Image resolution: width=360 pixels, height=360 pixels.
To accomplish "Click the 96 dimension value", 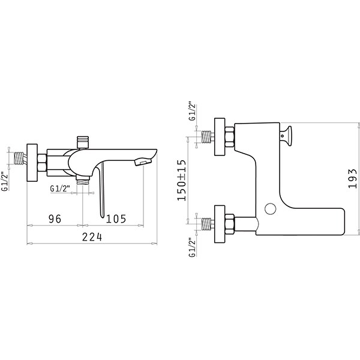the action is pyautogui.click(x=55, y=218).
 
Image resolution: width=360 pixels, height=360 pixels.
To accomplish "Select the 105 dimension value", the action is pyautogui.click(x=116, y=218).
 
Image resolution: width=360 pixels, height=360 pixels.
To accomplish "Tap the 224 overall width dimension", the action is pyautogui.click(x=92, y=237).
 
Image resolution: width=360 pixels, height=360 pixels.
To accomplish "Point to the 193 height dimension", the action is pyautogui.click(x=352, y=178).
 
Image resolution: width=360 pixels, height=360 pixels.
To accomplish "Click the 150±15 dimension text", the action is pyautogui.click(x=181, y=180).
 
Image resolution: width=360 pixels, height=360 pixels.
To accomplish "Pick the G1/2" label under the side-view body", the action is pyautogui.click(x=60, y=188).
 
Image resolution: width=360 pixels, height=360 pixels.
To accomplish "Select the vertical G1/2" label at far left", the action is pyautogui.click(x=5, y=181).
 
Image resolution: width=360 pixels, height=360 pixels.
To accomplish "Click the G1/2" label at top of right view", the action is pyautogui.click(x=192, y=111).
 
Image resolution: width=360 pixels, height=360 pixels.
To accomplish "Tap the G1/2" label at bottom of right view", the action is pyautogui.click(x=192, y=247).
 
